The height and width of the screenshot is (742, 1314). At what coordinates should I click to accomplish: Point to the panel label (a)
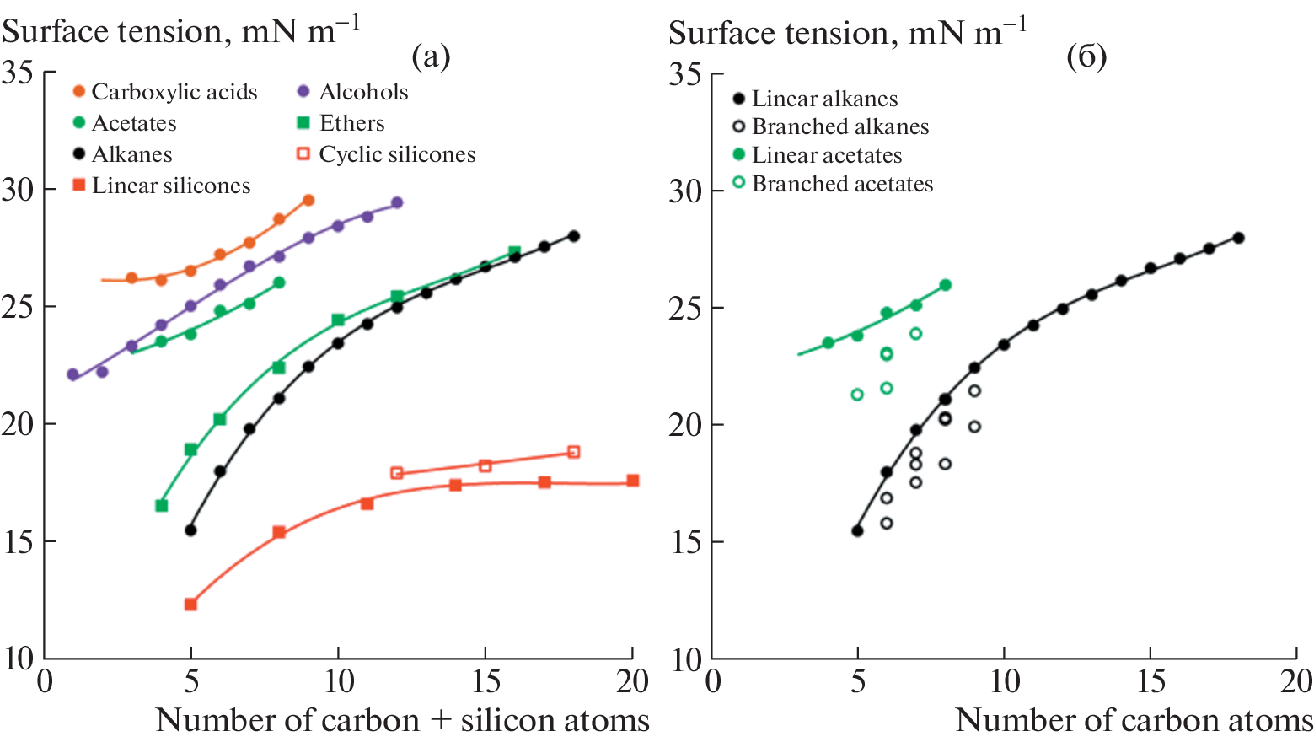[x=431, y=56]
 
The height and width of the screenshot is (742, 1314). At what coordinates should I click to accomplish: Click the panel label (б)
[x=1086, y=56]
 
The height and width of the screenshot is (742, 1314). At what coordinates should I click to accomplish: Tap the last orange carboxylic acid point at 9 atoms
[x=308, y=201]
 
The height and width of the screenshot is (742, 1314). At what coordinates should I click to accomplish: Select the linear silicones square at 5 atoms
[x=190, y=605]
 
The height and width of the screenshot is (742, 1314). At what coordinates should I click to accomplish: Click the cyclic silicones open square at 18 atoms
[x=574, y=452]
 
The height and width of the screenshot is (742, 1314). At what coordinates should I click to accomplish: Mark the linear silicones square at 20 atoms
[x=633, y=481]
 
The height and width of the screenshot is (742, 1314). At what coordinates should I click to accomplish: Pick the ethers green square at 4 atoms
[x=162, y=506]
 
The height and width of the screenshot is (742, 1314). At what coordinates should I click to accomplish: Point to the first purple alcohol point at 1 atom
[x=73, y=374]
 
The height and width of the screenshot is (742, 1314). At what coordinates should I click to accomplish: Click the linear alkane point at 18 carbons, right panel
[x=1238, y=238]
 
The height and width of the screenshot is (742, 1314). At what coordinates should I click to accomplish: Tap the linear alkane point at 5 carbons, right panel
[x=857, y=531]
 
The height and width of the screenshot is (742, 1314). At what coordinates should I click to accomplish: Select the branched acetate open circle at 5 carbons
[x=857, y=395]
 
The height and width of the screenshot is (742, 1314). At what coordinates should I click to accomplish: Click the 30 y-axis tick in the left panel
[x=19, y=190]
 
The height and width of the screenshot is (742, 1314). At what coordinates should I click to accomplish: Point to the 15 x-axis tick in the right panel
[x=1150, y=681]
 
